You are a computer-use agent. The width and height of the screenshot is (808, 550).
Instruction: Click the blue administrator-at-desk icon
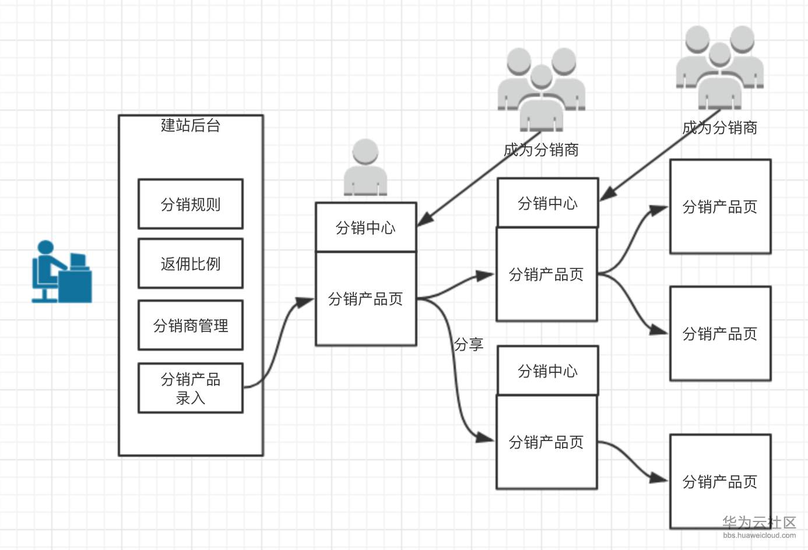[61, 272]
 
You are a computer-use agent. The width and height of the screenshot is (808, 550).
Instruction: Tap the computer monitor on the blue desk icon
[78, 260]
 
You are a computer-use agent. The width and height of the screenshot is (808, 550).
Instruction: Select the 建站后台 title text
[191, 125]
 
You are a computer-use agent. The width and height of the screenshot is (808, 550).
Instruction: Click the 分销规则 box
[191, 204]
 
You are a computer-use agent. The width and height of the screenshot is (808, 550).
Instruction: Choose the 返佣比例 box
[191, 263]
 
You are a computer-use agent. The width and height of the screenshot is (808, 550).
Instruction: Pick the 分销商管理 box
[191, 325]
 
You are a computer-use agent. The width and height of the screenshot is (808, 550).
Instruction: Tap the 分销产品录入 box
[191, 388]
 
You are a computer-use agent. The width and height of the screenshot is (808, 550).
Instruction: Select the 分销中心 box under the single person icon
[366, 227]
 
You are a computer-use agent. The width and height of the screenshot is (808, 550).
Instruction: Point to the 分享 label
[469, 344]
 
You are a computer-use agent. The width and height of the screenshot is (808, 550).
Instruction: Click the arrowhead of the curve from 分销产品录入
[305, 302]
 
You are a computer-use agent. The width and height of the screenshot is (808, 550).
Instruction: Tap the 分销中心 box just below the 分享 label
[547, 371]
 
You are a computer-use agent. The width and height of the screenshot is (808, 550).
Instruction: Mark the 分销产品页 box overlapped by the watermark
[720, 481]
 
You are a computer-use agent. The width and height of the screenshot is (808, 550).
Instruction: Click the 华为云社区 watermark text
[759, 522]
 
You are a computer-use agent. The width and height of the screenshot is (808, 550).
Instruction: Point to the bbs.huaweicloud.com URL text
[759, 535]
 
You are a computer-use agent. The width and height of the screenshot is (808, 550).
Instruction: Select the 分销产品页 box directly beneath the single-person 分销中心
[366, 299]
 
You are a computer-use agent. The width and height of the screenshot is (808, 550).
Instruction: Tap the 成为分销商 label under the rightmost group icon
[719, 128]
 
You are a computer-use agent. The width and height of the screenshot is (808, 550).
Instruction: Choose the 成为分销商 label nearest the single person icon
[541, 150]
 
